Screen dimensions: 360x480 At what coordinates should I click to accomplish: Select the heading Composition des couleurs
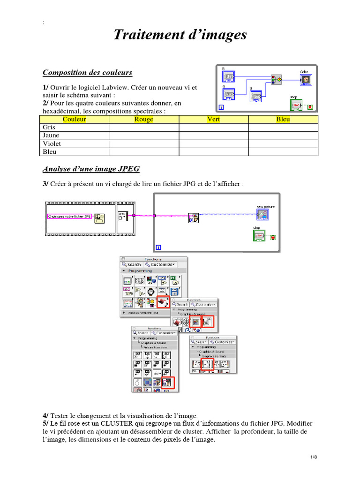[x=87, y=72]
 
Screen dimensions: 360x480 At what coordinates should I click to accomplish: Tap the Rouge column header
[x=143, y=120]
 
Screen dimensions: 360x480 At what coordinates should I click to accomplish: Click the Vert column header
[x=213, y=120]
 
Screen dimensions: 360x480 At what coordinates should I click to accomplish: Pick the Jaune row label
[x=51, y=135]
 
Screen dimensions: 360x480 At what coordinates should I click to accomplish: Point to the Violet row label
[x=52, y=144]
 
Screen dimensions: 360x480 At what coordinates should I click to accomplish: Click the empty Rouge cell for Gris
[x=143, y=127]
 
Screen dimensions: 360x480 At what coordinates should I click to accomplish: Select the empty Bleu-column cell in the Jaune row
[x=283, y=135]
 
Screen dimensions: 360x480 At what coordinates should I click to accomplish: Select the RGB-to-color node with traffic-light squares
[x=277, y=80]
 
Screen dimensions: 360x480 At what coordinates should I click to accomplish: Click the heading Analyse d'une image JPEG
[x=91, y=169]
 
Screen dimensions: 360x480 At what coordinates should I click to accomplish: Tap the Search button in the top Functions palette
[x=132, y=264]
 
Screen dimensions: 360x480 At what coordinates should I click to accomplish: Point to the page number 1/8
[x=314, y=457]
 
